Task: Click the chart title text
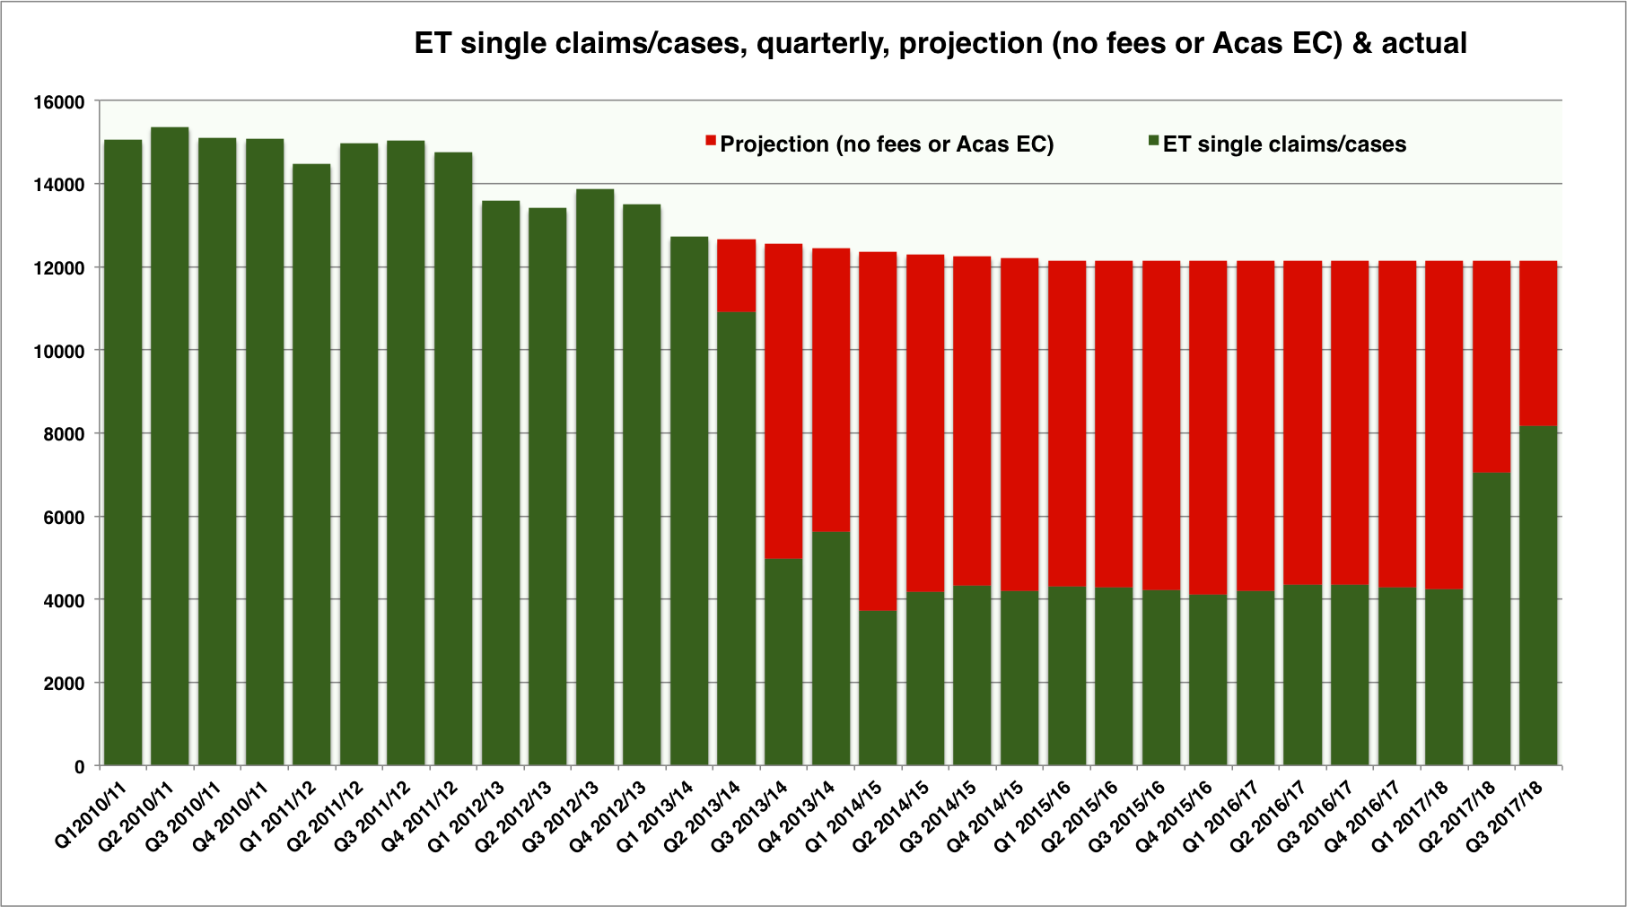(940, 43)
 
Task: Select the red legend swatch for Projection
(711, 141)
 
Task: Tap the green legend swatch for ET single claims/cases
(1153, 141)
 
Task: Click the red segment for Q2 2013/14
(736, 275)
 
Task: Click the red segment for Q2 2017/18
(1491, 367)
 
